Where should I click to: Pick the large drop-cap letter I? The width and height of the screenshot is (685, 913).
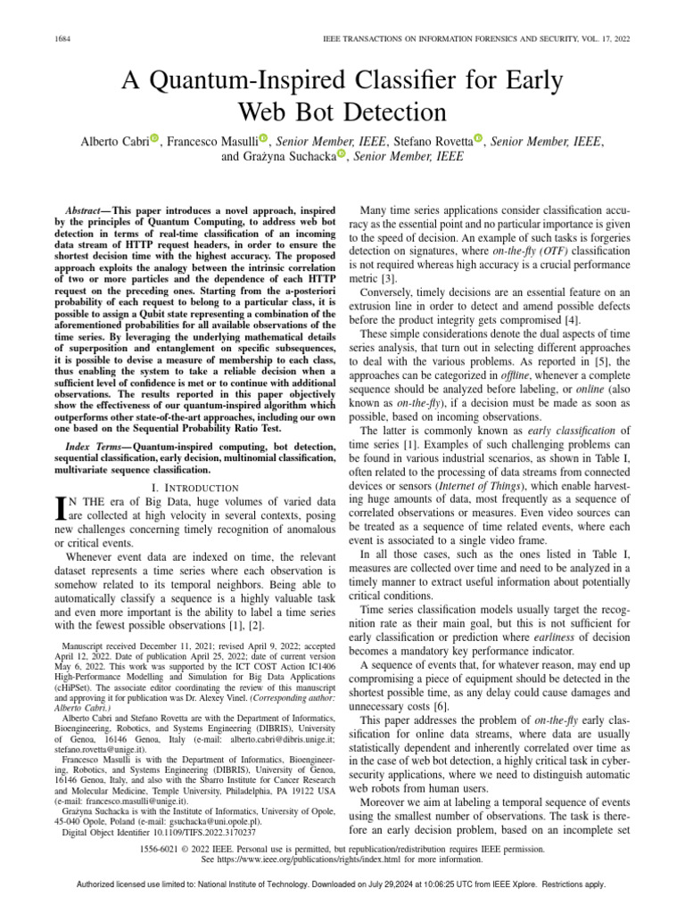[61, 509]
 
